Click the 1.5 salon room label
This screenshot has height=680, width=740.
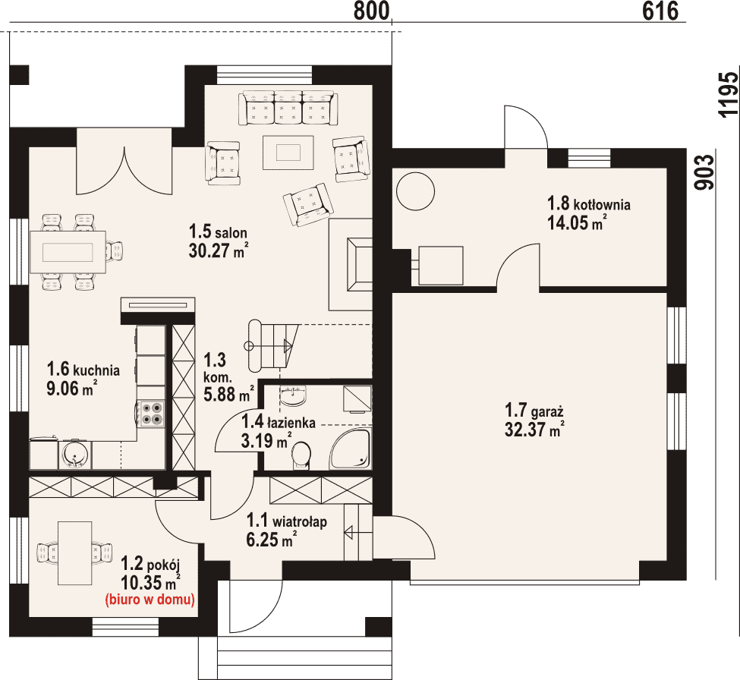click(218, 232)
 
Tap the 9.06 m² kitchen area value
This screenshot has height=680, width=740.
click(72, 389)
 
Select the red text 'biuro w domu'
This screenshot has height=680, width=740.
click(150, 600)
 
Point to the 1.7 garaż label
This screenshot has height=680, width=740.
click(534, 411)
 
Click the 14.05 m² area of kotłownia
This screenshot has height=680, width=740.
click(577, 222)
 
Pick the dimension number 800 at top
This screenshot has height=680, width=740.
click(372, 11)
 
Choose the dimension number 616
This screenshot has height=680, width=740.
click(660, 11)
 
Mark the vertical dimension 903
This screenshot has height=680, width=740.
click(704, 173)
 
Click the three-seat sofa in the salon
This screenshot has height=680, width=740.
click(288, 108)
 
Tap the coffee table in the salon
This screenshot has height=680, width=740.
click(288, 153)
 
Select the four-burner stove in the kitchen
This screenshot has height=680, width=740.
click(151, 414)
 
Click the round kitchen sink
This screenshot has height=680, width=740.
click(74, 455)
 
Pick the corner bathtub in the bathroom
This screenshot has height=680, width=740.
click(351, 449)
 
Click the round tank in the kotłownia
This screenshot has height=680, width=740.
click(415, 191)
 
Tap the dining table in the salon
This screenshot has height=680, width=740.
click(68, 252)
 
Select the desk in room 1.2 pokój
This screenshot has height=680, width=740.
click(75, 552)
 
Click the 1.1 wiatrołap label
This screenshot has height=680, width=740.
click(286, 521)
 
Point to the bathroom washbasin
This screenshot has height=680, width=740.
click(293, 396)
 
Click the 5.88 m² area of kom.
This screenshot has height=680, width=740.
click(228, 394)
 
